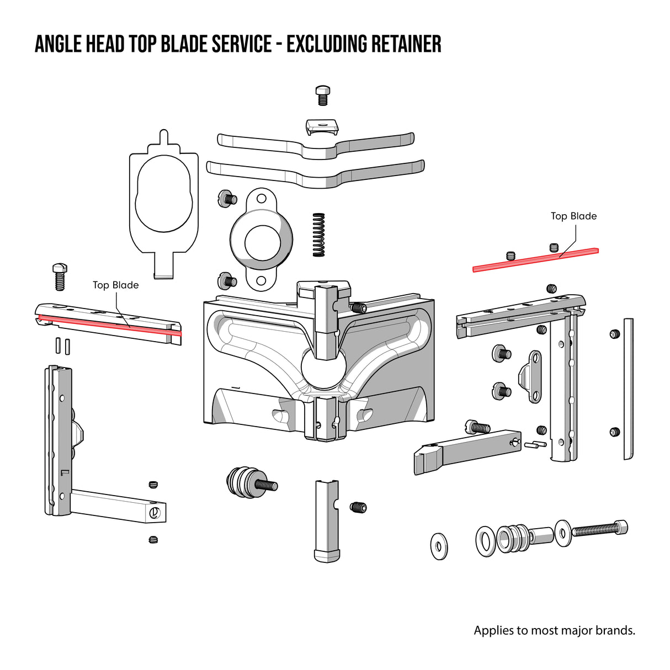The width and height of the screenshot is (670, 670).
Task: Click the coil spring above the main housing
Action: [x=318, y=235]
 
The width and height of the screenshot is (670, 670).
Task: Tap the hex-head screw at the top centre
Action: [x=322, y=95]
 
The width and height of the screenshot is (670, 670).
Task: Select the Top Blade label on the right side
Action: [x=573, y=216]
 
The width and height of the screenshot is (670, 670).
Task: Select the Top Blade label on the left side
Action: [x=115, y=285]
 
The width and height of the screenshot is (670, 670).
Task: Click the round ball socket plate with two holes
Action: [x=261, y=240]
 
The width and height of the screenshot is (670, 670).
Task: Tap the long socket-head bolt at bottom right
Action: [x=599, y=530]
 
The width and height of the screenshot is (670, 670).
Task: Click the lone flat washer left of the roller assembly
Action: [x=439, y=546]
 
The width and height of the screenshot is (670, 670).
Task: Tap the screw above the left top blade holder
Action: [x=60, y=276]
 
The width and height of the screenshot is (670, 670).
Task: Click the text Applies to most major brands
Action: [x=554, y=630]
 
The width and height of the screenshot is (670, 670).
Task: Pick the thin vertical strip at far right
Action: [x=628, y=389]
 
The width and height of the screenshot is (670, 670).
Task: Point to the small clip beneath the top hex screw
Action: [x=322, y=127]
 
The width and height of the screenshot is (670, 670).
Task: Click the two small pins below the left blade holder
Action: [x=62, y=345]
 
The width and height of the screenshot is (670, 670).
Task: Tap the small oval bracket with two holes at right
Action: [x=534, y=376]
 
